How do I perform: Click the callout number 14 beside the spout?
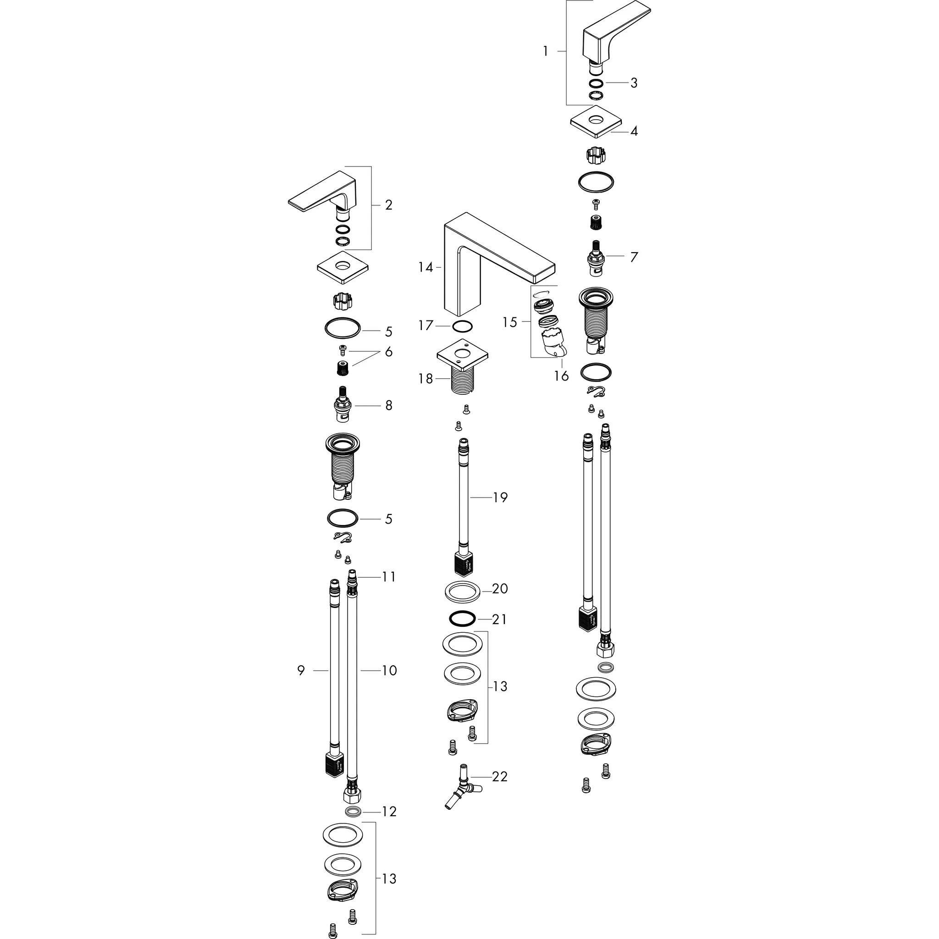click(425, 267)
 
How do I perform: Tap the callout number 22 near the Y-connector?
click(500, 776)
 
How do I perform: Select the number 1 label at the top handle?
click(546, 51)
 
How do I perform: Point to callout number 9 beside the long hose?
click(301, 670)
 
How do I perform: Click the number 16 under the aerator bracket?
click(561, 376)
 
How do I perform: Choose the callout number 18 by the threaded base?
click(425, 379)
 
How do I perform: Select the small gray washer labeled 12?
click(353, 811)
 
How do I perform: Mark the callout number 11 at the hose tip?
click(389, 577)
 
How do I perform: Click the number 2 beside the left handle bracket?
click(388, 205)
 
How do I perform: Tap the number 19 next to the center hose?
click(500, 497)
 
